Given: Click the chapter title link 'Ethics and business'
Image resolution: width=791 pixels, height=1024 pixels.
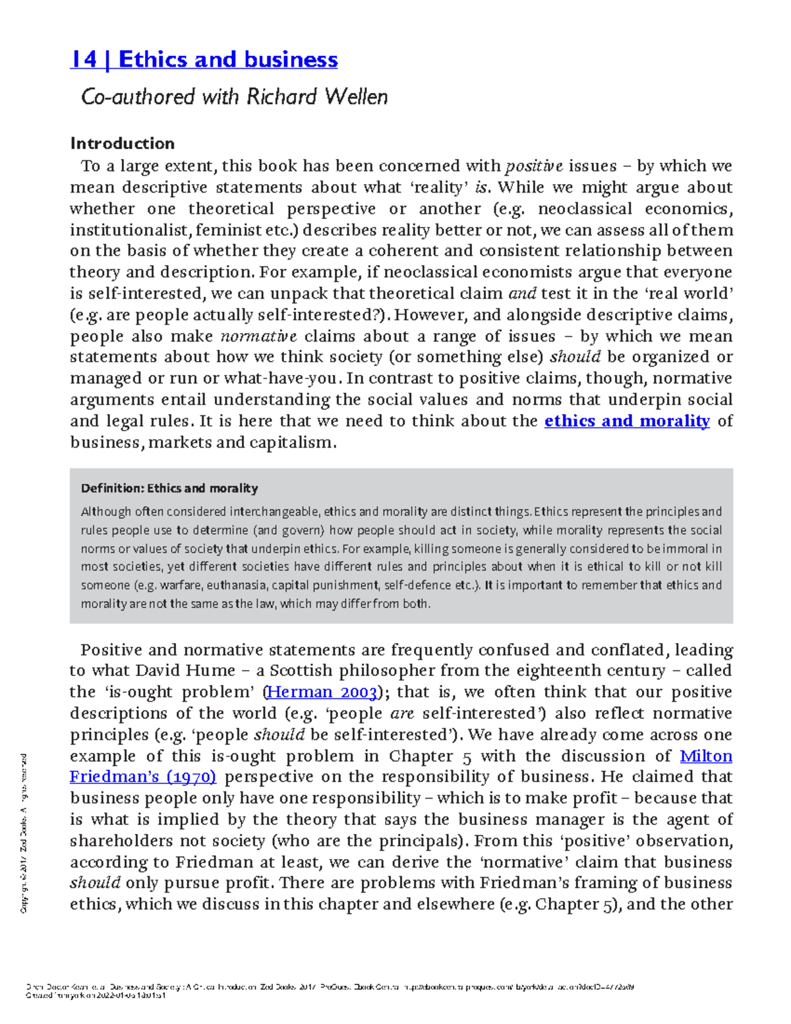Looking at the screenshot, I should click(227, 59).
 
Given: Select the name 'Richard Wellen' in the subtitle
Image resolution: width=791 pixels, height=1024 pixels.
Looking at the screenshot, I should click(317, 97).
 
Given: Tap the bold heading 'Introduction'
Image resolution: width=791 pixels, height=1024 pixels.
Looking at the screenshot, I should click(122, 143).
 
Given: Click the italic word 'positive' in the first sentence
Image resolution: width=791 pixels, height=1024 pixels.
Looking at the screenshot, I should click(533, 166).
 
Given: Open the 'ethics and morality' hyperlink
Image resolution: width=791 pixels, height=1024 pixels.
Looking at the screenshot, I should click(626, 421).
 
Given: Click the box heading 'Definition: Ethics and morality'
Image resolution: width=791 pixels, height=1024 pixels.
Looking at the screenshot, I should click(169, 489).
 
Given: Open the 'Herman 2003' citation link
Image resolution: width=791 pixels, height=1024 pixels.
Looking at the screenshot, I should click(322, 692).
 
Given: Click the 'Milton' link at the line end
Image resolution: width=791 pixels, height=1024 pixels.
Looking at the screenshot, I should click(705, 756).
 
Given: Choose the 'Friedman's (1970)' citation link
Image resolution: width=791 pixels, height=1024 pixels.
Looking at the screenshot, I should click(143, 777).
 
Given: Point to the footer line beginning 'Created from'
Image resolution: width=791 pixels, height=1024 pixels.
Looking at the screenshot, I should click(95, 996).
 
